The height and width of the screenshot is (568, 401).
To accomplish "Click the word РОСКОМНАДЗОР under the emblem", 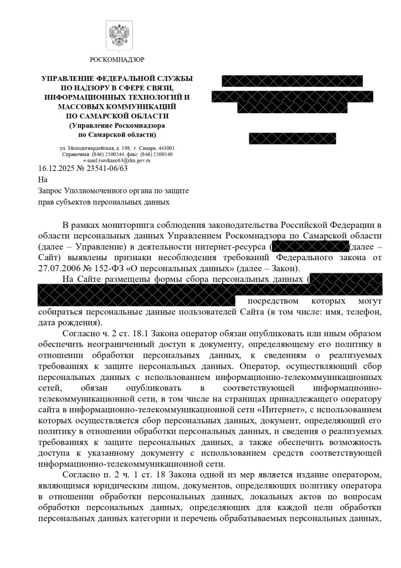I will click(117, 59).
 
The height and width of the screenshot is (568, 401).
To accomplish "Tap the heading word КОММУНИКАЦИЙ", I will click(146, 106).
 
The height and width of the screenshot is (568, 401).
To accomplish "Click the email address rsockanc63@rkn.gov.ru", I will click(117, 160).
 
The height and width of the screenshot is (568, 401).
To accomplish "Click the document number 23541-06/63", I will click(109, 168).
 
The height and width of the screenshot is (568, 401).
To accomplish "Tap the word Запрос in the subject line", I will click(51, 190).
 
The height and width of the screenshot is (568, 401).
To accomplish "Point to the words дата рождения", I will click(66, 322).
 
